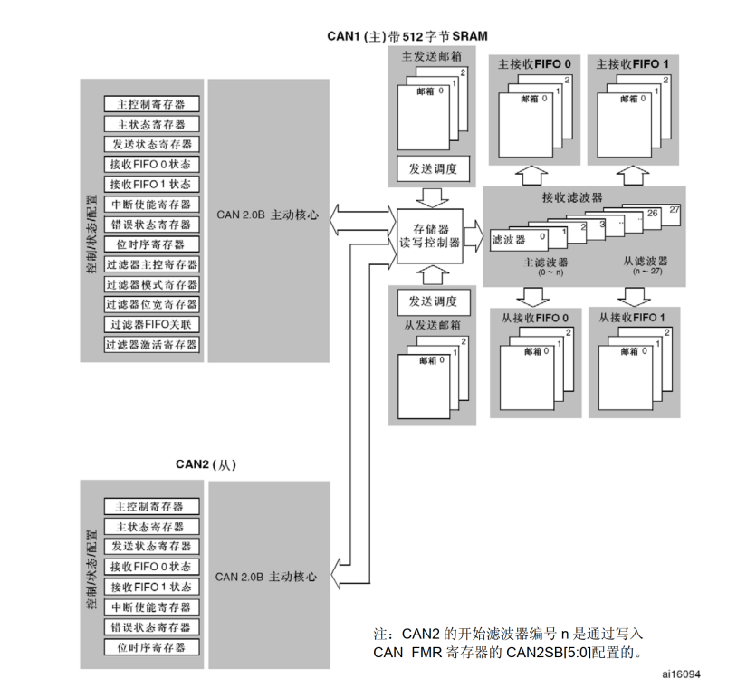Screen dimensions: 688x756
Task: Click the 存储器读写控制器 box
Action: pyautogui.click(x=431, y=235)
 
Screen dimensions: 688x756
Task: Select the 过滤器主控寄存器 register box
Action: pyautogui.click(x=151, y=264)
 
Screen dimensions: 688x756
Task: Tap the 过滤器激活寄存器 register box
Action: pyautogui.click(x=151, y=345)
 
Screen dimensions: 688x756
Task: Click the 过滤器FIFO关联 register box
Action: pyautogui.click(x=151, y=324)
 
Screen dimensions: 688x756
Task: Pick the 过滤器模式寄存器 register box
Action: pyautogui.click(x=151, y=284)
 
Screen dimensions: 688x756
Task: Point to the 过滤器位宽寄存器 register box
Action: pyautogui.click(x=151, y=304)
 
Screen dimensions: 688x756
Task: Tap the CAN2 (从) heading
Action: pyautogui.click(x=206, y=464)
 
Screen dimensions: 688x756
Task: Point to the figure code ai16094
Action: pyautogui.click(x=681, y=674)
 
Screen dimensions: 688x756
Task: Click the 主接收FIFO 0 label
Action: pyautogui.click(x=533, y=64)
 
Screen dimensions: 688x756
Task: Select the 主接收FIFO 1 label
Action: pyautogui.click(x=633, y=64)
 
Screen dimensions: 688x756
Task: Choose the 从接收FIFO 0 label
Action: pyautogui.click(x=535, y=318)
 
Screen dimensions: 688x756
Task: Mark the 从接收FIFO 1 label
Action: pyautogui.click(x=634, y=318)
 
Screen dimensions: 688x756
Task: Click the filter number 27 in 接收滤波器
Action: pyautogui.click(x=674, y=210)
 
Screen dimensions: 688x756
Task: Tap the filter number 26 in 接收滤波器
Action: pyautogui.click(x=653, y=215)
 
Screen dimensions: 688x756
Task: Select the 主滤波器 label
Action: pyautogui.click(x=546, y=260)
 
